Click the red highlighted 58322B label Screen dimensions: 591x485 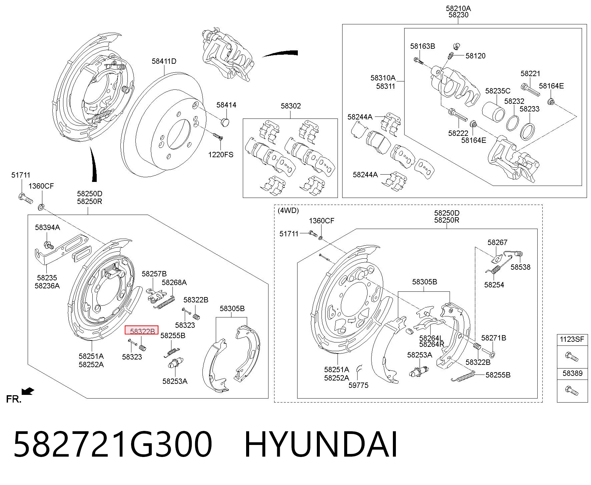click(141, 330)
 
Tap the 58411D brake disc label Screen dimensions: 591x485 click(164, 61)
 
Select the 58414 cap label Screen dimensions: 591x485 click(226, 105)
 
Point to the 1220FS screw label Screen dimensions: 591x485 click(221, 155)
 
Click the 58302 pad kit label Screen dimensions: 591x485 click(291, 106)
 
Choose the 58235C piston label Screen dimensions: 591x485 click(498, 91)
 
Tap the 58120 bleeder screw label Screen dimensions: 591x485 click(476, 56)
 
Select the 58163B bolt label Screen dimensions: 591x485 click(423, 46)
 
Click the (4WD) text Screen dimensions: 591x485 click(288, 211)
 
